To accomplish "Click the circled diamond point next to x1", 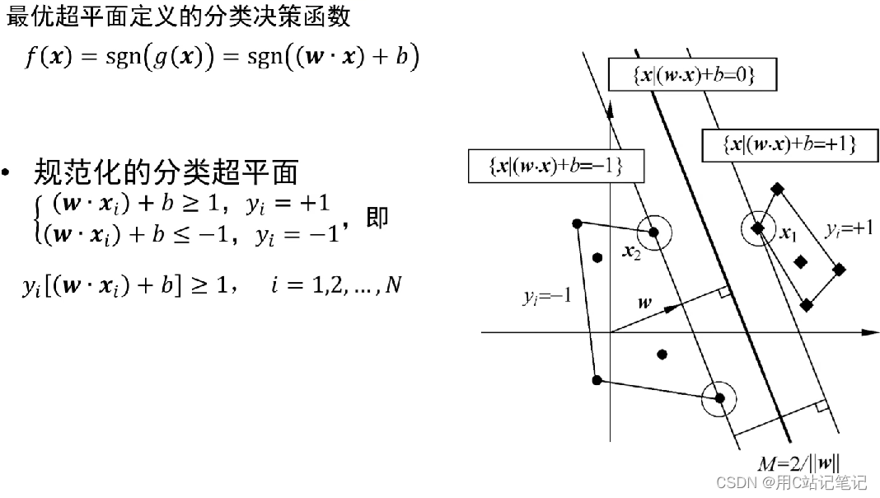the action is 758,228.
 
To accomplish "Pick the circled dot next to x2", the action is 653,233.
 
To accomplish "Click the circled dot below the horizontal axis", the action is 720,399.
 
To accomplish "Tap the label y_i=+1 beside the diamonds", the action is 849,228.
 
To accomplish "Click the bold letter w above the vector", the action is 644,303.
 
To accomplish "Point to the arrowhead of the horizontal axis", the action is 871,332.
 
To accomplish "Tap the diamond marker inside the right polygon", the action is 800,261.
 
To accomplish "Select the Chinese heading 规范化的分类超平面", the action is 165,173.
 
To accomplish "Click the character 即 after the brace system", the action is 377,218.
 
